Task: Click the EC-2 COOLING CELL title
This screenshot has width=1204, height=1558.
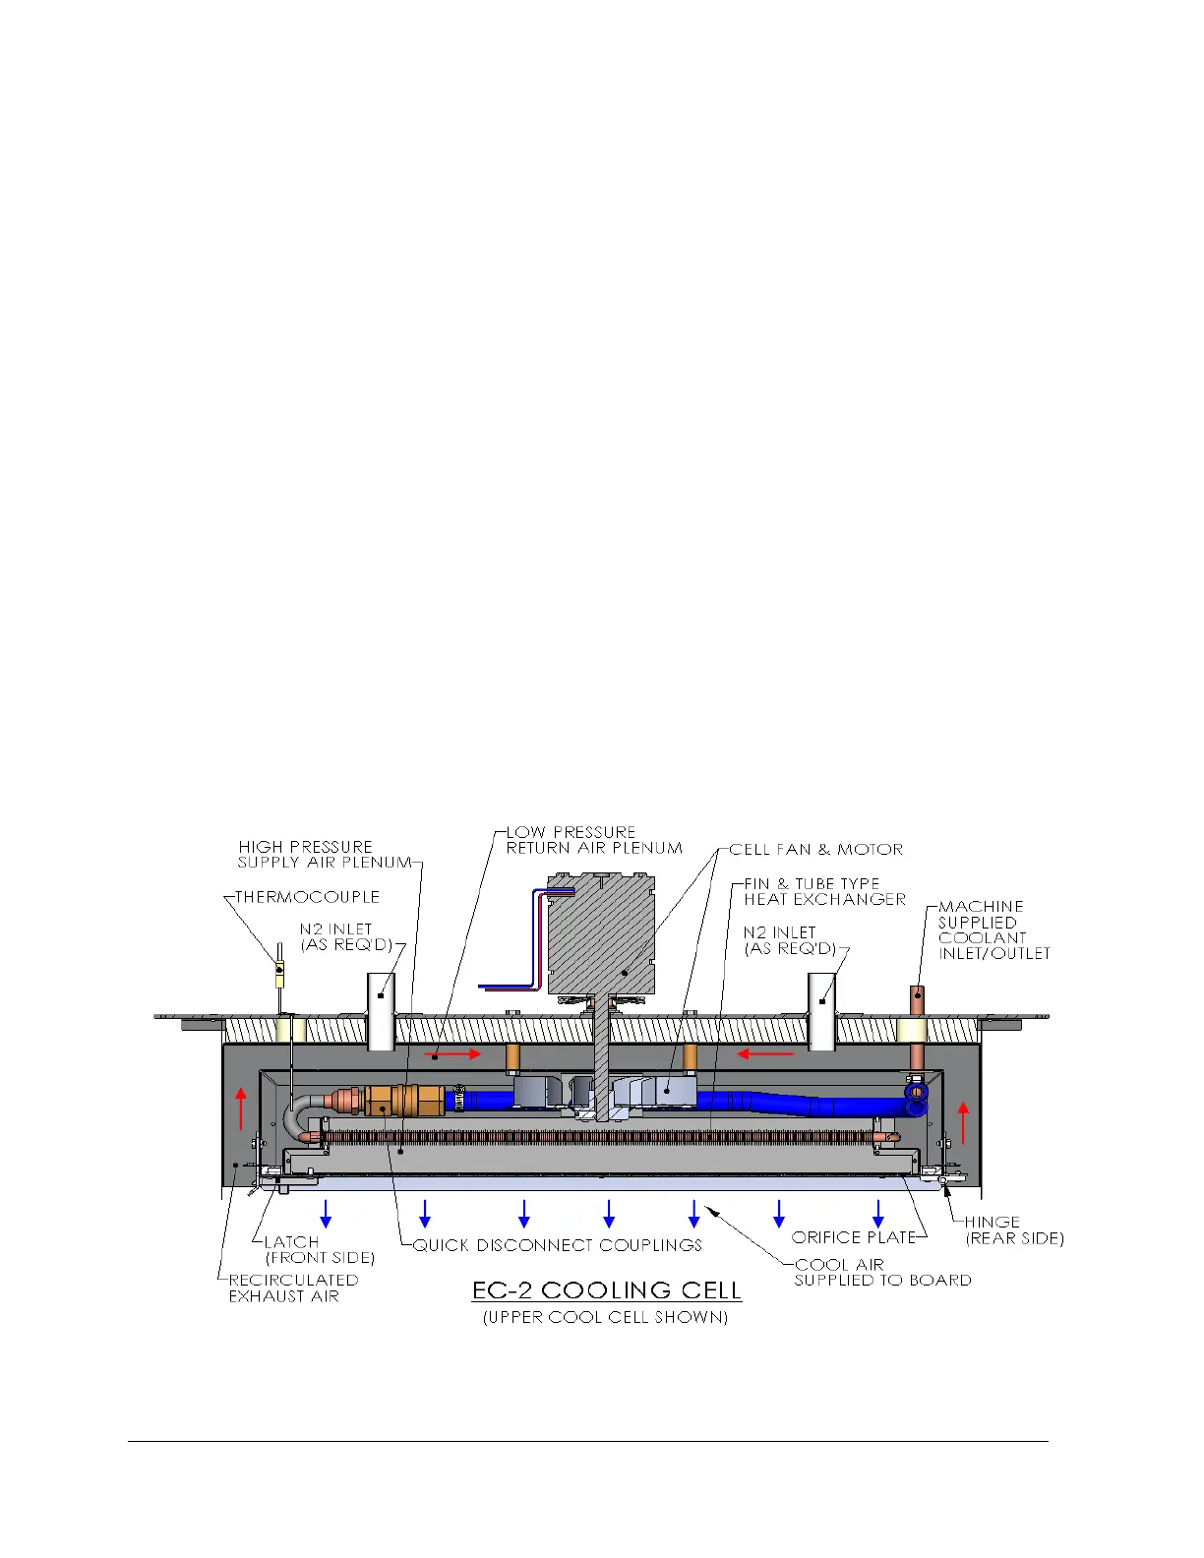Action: (606, 1290)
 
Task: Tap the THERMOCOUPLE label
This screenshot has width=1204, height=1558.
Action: (308, 897)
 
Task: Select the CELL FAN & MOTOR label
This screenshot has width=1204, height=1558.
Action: (815, 849)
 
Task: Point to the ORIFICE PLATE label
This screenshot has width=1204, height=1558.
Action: (853, 1237)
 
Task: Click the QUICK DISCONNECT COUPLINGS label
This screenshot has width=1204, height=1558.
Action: (558, 1245)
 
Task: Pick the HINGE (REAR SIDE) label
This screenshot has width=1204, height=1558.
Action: (1014, 1229)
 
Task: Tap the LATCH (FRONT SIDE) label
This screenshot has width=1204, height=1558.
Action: (320, 1250)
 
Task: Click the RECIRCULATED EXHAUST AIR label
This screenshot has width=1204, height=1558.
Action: (293, 1288)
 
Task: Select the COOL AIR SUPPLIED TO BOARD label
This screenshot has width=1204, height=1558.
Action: (882, 1272)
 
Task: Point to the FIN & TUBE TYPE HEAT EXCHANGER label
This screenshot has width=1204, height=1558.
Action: (824, 891)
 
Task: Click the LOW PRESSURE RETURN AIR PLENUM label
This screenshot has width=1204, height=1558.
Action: (594, 840)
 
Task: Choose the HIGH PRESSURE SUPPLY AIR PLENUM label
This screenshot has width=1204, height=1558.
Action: (325, 854)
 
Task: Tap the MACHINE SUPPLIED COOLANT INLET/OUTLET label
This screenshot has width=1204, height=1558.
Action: (993, 929)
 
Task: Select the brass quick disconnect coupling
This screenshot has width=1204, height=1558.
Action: (391, 1100)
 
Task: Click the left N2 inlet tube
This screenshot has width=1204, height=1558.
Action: (381, 1011)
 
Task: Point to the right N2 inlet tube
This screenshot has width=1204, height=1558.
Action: (822, 1011)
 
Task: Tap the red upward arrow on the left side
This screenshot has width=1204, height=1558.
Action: (241, 1109)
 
